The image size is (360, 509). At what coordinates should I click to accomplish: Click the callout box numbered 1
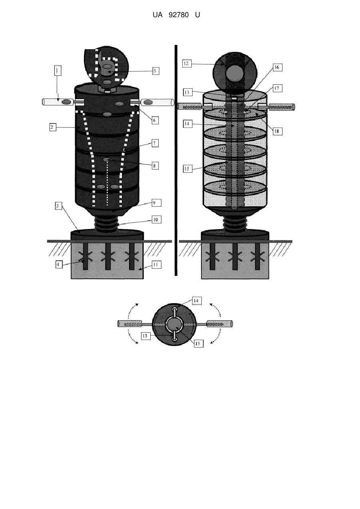(57, 70)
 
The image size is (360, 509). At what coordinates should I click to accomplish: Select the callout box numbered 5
(155, 71)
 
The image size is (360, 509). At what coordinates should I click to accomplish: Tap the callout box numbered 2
(53, 127)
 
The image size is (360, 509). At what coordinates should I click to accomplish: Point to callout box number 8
(155, 166)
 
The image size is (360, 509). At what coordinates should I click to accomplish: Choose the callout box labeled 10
(156, 220)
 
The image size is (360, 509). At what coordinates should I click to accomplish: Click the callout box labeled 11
(156, 265)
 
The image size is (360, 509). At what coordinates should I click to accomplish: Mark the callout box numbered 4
(59, 265)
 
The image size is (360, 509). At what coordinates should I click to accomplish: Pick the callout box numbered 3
(59, 206)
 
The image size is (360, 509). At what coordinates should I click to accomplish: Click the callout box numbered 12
(187, 64)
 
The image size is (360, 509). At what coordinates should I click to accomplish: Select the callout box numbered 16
(278, 67)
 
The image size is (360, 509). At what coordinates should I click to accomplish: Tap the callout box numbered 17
(278, 88)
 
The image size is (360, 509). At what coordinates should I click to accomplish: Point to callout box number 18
(278, 131)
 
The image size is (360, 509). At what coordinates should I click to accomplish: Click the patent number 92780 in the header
(179, 15)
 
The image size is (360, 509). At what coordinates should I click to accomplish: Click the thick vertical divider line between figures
(176, 160)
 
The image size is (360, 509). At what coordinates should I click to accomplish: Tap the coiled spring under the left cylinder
(107, 224)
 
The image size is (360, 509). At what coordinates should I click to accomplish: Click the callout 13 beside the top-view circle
(145, 336)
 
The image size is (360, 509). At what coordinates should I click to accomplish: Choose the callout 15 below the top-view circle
(198, 343)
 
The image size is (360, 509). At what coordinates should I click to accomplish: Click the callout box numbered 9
(156, 203)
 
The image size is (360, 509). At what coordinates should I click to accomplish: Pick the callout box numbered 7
(155, 143)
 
